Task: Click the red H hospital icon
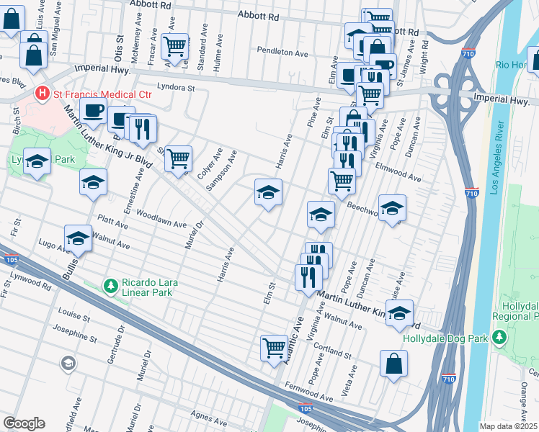[x=42, y=93]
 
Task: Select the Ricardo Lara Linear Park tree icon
[x=110, y=287]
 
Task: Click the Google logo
[x=24, y=423]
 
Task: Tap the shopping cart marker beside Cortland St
[x=275, y=348]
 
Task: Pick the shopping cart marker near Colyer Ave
[x=178, y=158]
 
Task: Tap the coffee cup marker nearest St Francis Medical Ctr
[x=93, y=112]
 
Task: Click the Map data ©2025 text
[x=508, y=426]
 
